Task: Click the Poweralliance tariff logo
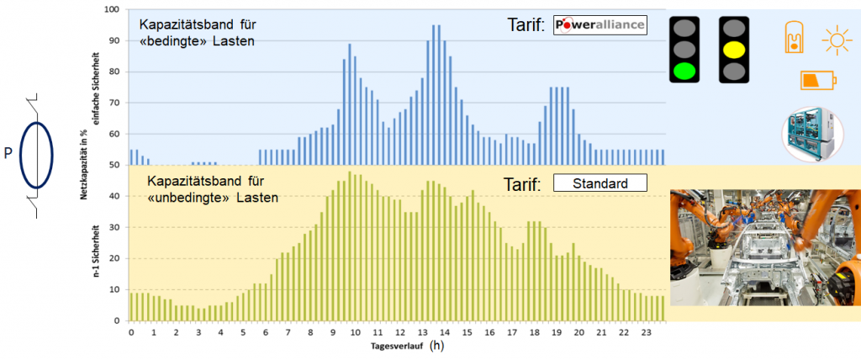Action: click(x=600, y=24)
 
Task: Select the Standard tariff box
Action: click(x=600, y=183)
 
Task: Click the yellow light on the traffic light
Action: click(x=734, y=49)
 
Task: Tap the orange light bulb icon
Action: click(x=792, y=37)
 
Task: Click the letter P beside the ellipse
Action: click(x=8, y=154)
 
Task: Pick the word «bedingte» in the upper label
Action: click(x=172, y=40)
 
